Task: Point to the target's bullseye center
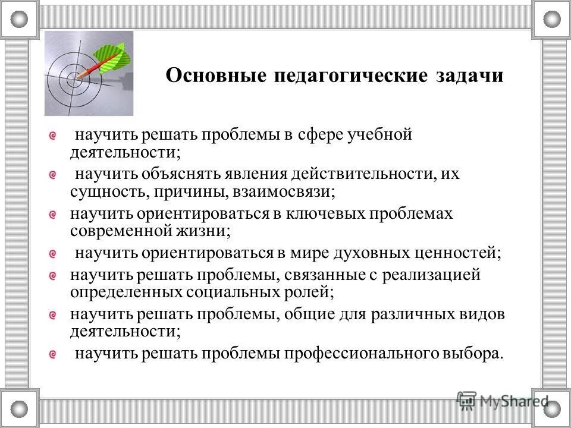pos(77,76)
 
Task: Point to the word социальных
pos(230,292)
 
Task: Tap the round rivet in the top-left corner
pos(19,19)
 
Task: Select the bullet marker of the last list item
pos(53,354)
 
